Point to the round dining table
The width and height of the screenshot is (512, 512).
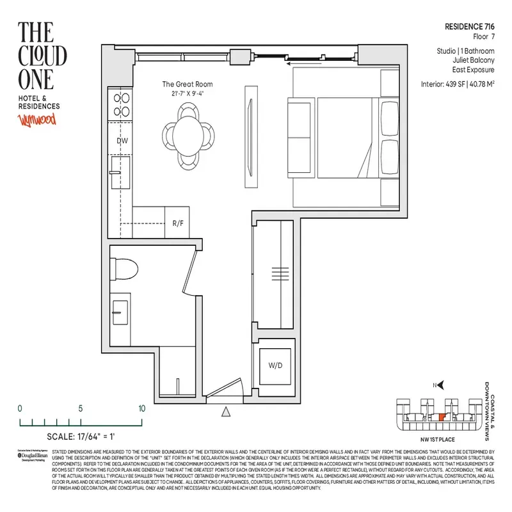[188, 134]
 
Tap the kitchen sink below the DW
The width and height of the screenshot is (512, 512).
[120, 172]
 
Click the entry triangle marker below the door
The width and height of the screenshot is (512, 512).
[225, 412]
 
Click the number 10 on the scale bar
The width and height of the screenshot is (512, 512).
[141, 408]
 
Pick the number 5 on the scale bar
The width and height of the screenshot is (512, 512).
[81, 408]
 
